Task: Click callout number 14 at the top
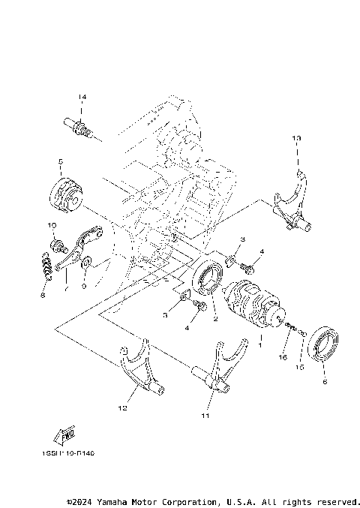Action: coord(82,98)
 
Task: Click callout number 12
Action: coord(122,409)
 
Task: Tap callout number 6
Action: coord(325,381)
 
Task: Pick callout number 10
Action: coord(52,225)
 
